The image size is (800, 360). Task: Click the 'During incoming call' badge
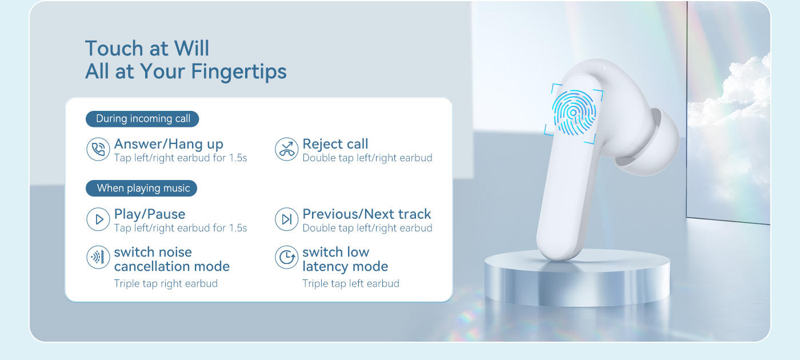[142, 119]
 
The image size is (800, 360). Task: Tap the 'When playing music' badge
[142, 188]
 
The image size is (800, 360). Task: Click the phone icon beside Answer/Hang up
[98, 149]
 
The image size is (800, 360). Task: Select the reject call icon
[286, 149]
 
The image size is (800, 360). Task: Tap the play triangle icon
[98, 219]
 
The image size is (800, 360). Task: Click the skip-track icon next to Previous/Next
[286, 219]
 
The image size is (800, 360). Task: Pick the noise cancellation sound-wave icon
[98, 257]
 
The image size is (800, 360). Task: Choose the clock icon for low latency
[286, 257]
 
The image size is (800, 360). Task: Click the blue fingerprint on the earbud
[574, 113]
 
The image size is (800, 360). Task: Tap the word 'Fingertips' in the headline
[239, 72]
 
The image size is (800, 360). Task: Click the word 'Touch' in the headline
[114, 48]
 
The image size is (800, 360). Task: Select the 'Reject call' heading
[335, 144]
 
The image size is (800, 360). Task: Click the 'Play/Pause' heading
[150, 214]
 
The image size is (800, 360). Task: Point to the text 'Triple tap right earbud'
[166, 283]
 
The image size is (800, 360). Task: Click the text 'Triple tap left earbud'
[351, 283]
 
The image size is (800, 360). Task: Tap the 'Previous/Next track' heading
[367, 214]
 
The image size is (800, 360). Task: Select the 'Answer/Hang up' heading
[169, 144]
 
